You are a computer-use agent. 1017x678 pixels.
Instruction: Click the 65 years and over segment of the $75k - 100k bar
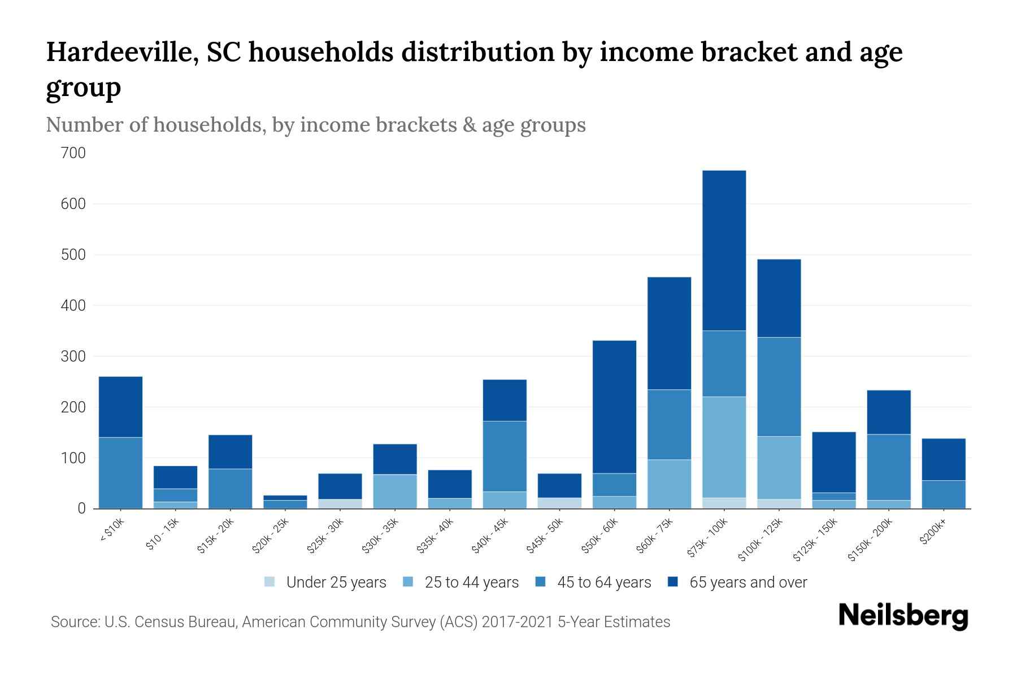click(x=724, y=250)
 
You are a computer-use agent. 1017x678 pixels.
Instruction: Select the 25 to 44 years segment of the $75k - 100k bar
click(x=724, y=447)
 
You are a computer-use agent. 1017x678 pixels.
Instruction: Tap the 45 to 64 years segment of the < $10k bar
click(x=120, y=473)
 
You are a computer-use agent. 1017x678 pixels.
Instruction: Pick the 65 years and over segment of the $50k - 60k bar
click(x=614, y=407)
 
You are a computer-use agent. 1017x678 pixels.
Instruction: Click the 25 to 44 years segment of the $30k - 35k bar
click(x=395, y=491)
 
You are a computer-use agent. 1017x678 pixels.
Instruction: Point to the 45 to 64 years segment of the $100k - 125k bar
click(x=779, y=387)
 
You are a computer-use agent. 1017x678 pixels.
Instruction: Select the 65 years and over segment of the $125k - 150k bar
click(x=833, y=462)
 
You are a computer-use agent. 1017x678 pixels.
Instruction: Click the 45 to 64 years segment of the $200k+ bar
click(x=943, y=494)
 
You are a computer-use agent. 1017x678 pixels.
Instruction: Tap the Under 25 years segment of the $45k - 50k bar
click(x=559, y=503)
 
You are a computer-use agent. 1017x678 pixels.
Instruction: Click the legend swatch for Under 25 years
click(x=270, y=582)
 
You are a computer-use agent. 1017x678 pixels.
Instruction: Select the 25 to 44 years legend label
click(x=471, y=582)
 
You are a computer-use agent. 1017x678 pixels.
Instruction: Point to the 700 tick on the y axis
click(x=73, y=153)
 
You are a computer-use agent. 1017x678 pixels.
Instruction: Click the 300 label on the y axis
click(x=73, y=357)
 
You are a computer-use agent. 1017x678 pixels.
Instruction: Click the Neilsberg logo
click(x=903, y=615)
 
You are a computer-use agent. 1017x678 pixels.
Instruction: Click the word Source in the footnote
click(x=75, y=622)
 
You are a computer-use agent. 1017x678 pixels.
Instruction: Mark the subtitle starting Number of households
click(x=315, y=125)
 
